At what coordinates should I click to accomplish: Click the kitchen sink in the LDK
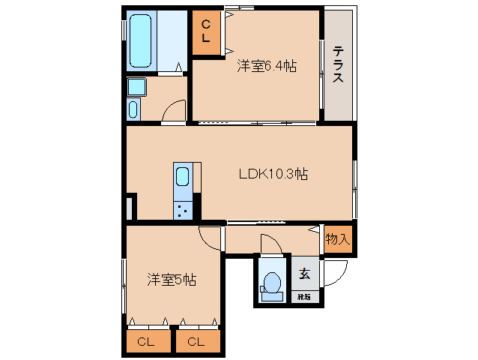(x=184, y=178)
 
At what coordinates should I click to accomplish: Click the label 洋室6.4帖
(x=267, y=67)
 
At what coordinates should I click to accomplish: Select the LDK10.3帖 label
(x=273, y=174)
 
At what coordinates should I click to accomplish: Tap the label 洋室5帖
(x=171, y=280)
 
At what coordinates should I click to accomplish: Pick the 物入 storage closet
(x=338, y=238)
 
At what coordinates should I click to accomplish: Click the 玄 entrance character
(x=305, y=274)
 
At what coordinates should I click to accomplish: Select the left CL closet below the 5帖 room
(x=147, y=342)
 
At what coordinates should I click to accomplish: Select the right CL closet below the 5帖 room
(x=196, y=342)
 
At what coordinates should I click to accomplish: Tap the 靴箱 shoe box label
(x=304, y=297)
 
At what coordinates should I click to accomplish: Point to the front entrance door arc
(x=334, y=271)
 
